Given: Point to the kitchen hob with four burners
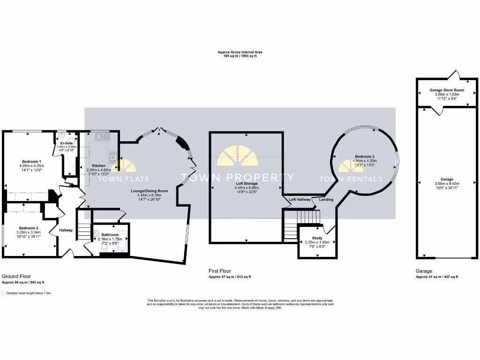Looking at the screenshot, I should (113, 157).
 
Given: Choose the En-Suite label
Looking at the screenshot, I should (66, 143).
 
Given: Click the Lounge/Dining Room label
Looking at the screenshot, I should (150, 191).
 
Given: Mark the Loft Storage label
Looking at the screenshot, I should (247, 183).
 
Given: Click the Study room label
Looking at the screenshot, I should (317, 238).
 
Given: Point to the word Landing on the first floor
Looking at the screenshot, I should (326, 199).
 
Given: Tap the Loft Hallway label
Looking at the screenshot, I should (300, 199).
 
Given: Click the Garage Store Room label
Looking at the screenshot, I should (447, 90).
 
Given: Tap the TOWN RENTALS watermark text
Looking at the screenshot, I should (351, 179).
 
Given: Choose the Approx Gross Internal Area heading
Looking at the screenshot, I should (240, 52).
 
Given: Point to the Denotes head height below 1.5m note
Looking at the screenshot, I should (28, 293).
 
